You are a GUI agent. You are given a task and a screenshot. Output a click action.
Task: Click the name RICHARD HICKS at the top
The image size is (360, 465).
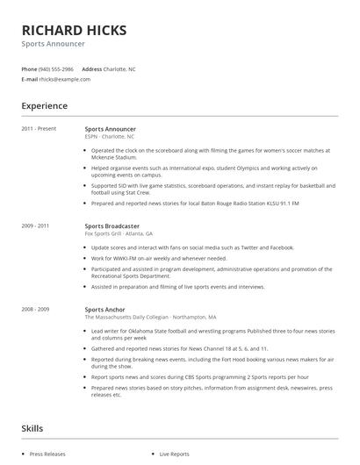coord(74,31)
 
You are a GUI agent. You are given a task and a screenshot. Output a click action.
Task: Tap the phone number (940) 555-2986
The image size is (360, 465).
coord(56,68)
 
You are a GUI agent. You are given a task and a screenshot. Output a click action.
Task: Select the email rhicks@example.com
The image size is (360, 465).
coord(64,79)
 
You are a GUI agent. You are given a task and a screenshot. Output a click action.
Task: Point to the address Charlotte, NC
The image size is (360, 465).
coord(119,68)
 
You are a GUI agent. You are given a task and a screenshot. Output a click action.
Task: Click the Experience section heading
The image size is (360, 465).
coord(44,106)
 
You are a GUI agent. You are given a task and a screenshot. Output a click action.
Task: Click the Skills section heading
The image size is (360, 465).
coord(32,428)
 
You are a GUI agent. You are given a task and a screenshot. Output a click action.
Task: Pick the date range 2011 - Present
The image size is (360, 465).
coord(39,129)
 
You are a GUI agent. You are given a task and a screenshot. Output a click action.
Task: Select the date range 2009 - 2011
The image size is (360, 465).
coord(36,226)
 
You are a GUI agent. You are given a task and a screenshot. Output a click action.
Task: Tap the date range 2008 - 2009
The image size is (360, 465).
coord(36,310)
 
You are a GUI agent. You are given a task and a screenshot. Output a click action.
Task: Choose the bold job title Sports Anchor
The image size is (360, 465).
coord(104,310)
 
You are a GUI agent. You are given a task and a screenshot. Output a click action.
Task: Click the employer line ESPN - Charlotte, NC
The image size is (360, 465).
coord(110,137)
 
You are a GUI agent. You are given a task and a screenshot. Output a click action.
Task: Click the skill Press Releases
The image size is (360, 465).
coord(48,454)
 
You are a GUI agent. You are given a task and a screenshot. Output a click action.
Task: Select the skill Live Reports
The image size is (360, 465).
coord(174,454)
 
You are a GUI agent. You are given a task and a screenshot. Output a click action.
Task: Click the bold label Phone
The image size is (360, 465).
coord(29,68)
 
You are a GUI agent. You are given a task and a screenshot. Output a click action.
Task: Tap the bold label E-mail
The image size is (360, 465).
coord(30,79)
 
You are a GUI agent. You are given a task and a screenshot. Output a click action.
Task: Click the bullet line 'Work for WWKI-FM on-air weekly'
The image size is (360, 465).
coord(159,259)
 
